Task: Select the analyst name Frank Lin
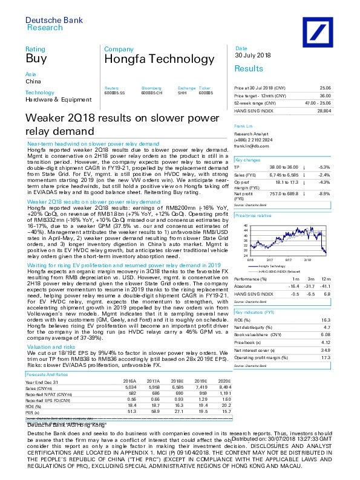(243, 126)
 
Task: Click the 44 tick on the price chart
(246, 230)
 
